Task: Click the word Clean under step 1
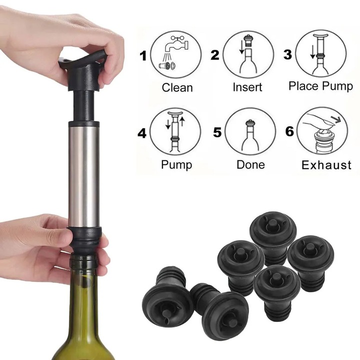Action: [177, 87]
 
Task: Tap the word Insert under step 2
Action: [247, 87]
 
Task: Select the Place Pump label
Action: [320, 86]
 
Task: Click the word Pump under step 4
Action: [176, 164]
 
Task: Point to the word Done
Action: [250, 164]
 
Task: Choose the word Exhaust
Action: [326, 165]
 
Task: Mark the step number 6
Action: [289, 133]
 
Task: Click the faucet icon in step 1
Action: [176, 54]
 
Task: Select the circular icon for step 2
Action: [248, 54]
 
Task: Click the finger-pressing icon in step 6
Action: [322, 131]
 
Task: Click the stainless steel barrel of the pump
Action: [84, 175]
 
